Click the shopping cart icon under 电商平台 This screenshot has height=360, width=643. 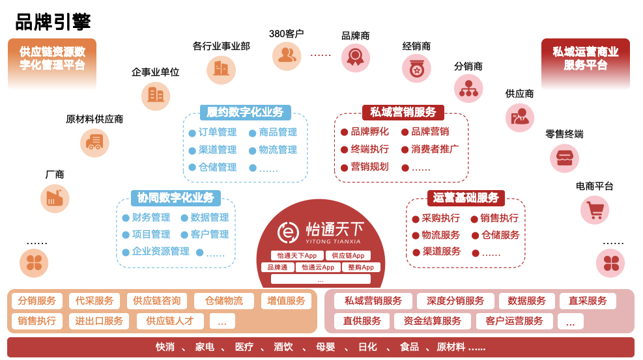(x=595, y=210)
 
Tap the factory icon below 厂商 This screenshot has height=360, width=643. (x=55, y=199)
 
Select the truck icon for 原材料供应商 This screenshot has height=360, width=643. (x=94, y=143)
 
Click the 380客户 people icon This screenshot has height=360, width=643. (x=287, y=56)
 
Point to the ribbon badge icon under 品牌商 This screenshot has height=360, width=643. (x=356, y=58)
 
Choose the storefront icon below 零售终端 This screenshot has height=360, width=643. (x=564, y=158)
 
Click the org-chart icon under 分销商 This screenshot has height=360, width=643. (x=468, y=89)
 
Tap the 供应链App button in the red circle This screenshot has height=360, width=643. (x=348, y=256)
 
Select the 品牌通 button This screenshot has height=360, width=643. (x=278, y=268)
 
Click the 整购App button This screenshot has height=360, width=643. (x=361, y=268)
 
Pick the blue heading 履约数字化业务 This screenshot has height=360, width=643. (x=245, y=112)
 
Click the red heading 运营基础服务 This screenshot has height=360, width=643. (x=466, y=198)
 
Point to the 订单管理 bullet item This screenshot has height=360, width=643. (x=213, y=132)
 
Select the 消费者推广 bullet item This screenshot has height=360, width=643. (x=430, y=149)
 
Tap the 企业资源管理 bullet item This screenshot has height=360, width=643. (x=156, y=251)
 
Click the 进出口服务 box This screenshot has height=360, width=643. (x=99, y=321)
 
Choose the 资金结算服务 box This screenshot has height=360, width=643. (x=432, y=321)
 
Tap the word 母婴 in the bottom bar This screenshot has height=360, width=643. (x=326, y=347)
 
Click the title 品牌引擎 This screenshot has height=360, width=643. (x=53, y=21)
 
